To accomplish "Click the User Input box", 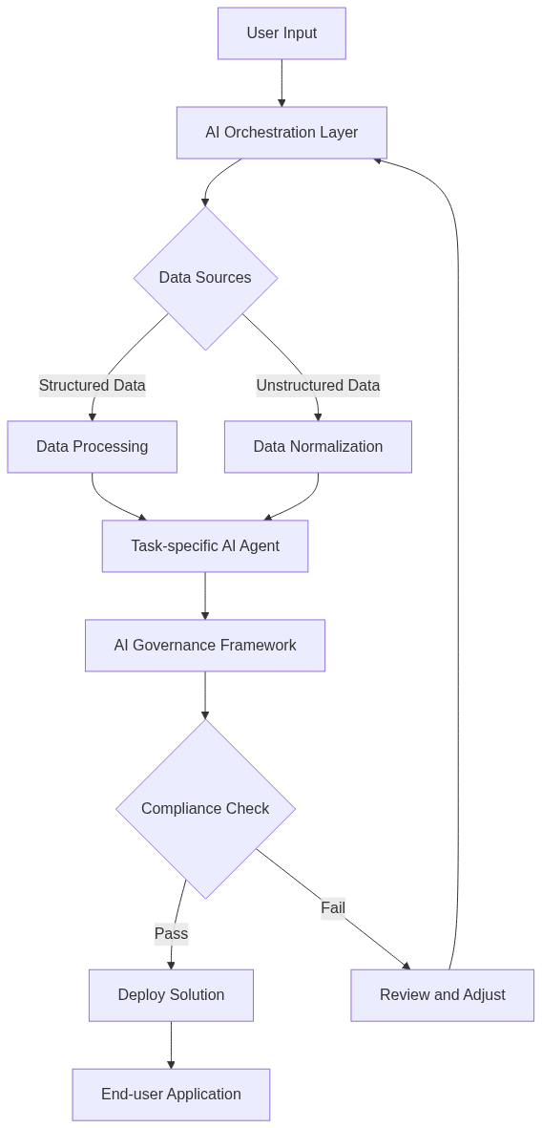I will click(281, 33).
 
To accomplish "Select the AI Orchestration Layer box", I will click(281, 133).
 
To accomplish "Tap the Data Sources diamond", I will click(205, 278).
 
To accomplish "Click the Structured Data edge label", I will click(92, 386).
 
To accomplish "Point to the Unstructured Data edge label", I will click(318, 386).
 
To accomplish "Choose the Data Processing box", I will click(92, 447).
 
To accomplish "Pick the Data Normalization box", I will click(318, 447).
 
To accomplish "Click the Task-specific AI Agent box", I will click(205, 546).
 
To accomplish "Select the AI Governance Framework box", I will click(205, 646).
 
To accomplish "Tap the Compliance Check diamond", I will click(205, 809).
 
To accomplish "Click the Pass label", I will click(171, 933).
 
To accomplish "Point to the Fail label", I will click(333, 907).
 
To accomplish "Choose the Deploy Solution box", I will click(171, 995).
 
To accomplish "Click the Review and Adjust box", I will click(442, 995).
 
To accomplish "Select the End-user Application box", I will click(171, 1095).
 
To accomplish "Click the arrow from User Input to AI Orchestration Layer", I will click(281, 82).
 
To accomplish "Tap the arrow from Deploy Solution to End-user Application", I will click(171, 1044).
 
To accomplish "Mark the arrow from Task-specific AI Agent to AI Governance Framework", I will click(205, 595).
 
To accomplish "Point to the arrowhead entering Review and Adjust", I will click(406, 967).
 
